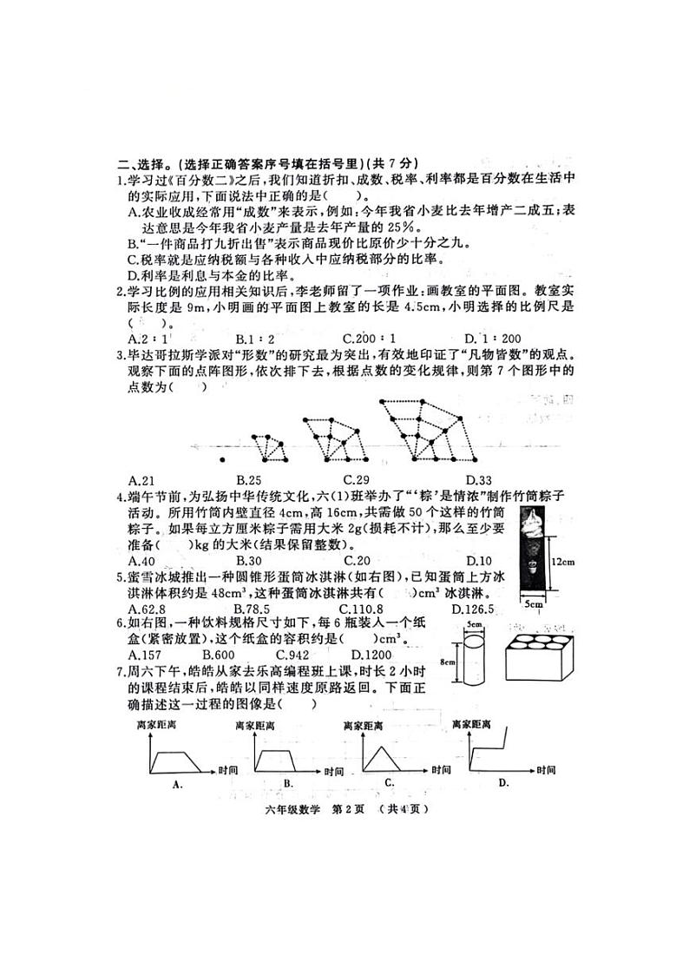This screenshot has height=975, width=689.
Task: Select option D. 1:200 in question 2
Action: [492, 339]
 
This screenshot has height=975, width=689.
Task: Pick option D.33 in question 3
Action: [478, 480]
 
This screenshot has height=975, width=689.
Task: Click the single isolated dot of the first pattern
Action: [223, 459]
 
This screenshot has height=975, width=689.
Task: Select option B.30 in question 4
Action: [248, 560]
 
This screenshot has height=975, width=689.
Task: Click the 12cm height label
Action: [565, 562]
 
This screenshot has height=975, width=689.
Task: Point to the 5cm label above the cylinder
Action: [473, 625]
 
